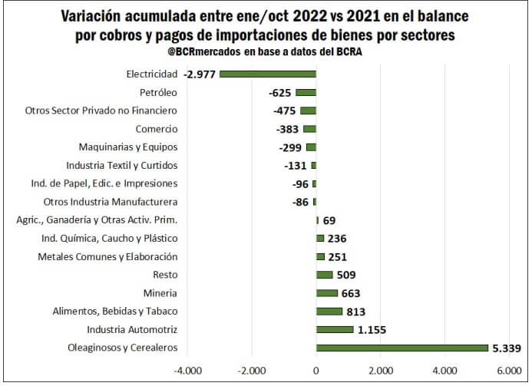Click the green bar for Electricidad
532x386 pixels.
pos(268,74)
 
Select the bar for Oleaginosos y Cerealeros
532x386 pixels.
pos(402,348)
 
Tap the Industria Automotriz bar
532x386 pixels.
pos(335,329)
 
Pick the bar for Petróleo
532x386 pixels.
pos(306,92)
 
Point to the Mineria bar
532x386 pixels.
pos(327,293)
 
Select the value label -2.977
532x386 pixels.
pos(200,74)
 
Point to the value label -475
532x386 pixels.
pos(285,111)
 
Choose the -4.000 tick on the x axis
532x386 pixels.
pos(187,370)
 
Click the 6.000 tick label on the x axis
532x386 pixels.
pos(509,370)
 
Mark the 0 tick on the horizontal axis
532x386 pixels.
pos(316,370)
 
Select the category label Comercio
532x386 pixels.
pos(157,129)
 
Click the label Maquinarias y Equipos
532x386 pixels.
pos(128,147)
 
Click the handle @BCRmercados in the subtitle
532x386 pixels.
pos(203,51)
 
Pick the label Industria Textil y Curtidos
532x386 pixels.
pos(122,165)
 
